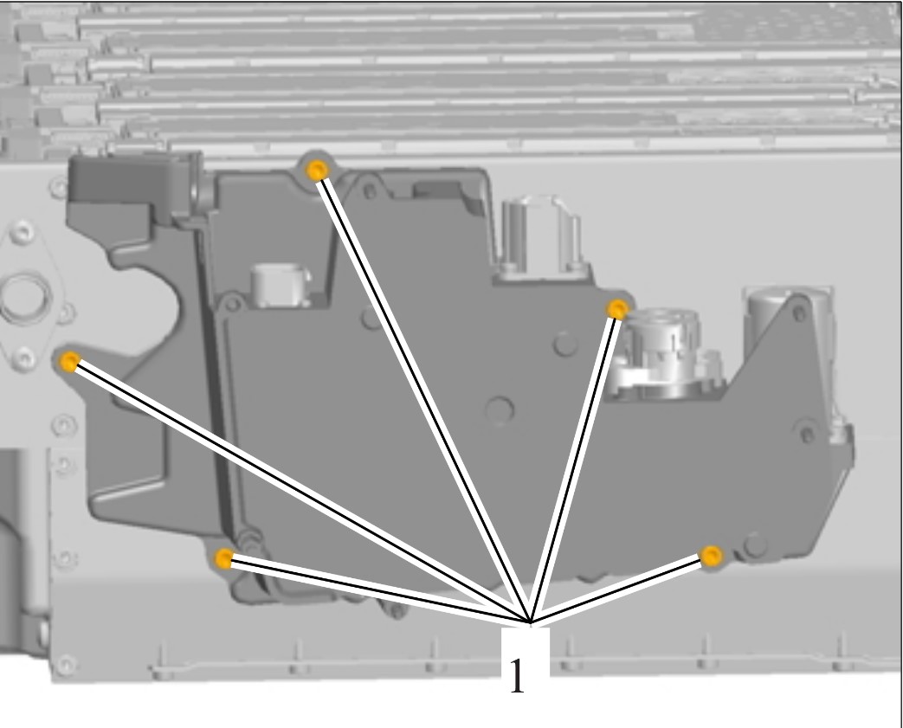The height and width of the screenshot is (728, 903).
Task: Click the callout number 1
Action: (517, 674)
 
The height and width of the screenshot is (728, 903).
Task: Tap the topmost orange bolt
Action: (317, 170)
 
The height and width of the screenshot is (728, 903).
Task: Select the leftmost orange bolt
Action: (69, 362)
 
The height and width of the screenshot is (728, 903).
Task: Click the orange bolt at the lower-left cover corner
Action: (223, 557)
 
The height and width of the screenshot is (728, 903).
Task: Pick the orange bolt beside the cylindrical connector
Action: (617, 309)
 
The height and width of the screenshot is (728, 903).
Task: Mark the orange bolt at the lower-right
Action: (712, 556)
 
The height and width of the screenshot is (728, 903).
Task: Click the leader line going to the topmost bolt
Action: (423, 396)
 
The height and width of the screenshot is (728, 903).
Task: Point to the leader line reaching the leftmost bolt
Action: (300, 493)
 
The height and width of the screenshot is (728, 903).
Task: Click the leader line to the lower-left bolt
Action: (377, 590)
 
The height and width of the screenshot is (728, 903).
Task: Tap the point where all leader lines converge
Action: (530, 622)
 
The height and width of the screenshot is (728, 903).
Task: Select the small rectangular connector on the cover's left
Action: (280, 285)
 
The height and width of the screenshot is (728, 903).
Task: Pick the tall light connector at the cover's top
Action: (541, 237)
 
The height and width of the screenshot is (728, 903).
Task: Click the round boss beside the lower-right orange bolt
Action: (755, 544)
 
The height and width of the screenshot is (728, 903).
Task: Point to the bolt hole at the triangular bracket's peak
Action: (799, 313)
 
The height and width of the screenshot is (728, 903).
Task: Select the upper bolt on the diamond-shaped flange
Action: (22, 232)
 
